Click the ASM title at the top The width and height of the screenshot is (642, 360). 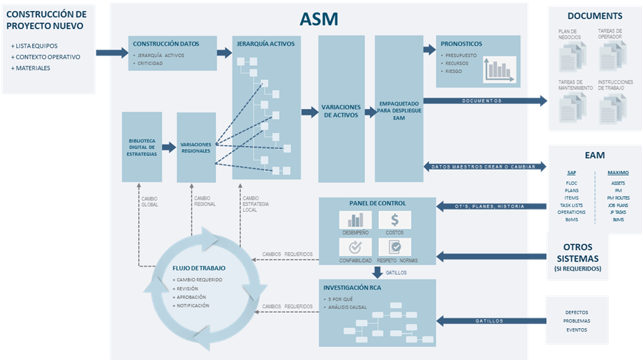319,19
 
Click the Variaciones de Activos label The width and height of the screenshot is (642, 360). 340,111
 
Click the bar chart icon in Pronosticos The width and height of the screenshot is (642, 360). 500,69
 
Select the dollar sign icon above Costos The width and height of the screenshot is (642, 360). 394,220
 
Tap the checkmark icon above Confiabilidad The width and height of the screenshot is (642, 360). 355,246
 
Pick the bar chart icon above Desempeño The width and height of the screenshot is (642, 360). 355,220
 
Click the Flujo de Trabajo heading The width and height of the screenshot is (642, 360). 198,268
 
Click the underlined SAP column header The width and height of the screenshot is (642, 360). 572,173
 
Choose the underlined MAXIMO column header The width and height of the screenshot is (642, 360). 617,173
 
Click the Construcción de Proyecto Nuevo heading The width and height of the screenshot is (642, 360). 47,20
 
